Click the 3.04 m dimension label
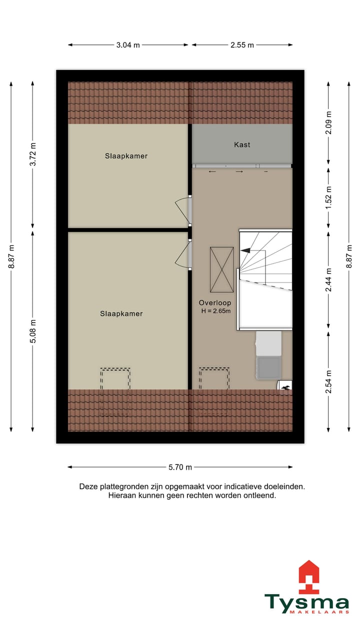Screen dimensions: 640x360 [x=128, y=45]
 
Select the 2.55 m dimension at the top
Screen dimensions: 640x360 [x=242, y=45]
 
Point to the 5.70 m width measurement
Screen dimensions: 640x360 [x=180, y=467]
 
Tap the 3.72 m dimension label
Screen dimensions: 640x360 [x=33, y=155]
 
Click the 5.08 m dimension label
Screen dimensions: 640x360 [x=33, y=331]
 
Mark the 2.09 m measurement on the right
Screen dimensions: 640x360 [x=328, y=121]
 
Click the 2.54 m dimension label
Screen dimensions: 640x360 [x=328, y=381]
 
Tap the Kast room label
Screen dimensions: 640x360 [x=242, y=144]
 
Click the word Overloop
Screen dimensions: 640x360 [x=215, y=302]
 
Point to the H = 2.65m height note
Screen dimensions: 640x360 [x=215, y=311]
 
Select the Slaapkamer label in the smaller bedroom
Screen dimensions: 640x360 [x=126, y=156]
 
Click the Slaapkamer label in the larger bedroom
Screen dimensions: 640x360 [x=121, y=314]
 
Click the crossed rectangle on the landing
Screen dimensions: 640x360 [x=221, y=269]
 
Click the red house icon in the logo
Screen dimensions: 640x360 [x=308, y=577]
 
